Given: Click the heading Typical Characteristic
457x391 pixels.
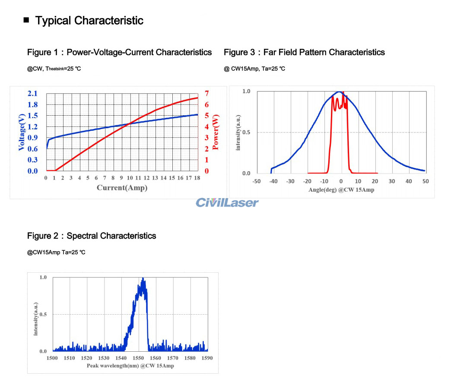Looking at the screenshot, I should [x=89, y=20].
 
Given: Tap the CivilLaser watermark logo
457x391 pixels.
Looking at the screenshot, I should [x=227, y=202].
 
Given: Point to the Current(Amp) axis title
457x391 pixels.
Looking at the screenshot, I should [x=122, y=188].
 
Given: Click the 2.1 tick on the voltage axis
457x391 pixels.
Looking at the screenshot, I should [x=32, y=94].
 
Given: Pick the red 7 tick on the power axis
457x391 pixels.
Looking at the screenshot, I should [x=207, y=94].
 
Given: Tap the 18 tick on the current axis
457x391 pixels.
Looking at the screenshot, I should [x=197, y=178].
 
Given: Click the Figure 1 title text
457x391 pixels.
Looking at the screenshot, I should [x=120, y=52].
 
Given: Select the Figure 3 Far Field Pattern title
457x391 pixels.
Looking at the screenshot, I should [x=304, y=52].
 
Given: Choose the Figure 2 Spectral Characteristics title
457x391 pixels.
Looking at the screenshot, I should [x=92, y=236].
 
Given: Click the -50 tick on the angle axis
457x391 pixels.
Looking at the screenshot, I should [x=257, y=181].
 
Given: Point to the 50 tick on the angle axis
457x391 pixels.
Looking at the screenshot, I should [x=425, y=181].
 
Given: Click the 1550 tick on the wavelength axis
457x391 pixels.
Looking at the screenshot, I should [x=138, y=358].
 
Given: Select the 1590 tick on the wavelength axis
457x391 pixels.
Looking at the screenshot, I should [x=207, y=358].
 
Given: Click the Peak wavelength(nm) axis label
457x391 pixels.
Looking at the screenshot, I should [x=130, y=366].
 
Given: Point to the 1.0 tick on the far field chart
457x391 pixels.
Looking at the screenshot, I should [x=246, y=91].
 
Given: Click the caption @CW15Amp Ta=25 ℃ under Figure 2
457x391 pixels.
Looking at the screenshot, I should [x=56, y=252].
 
